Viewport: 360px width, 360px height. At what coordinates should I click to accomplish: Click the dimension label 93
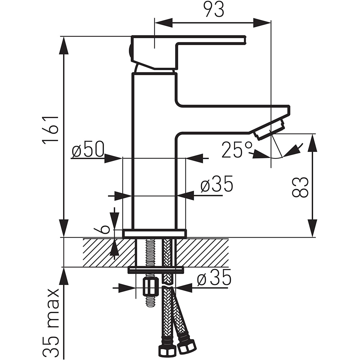(215, 10)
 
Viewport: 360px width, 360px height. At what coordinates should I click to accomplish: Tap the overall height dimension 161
(50, 130)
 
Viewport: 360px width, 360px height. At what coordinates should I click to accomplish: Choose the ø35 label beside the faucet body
(217, 184)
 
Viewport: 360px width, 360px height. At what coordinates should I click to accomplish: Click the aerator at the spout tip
(269, 130)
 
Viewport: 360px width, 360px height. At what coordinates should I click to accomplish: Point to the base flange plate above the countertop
(154, 234)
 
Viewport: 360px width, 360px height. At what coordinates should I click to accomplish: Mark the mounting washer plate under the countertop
(156, 270)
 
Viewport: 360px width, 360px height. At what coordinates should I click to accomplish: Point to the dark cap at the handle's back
(130, 51)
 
